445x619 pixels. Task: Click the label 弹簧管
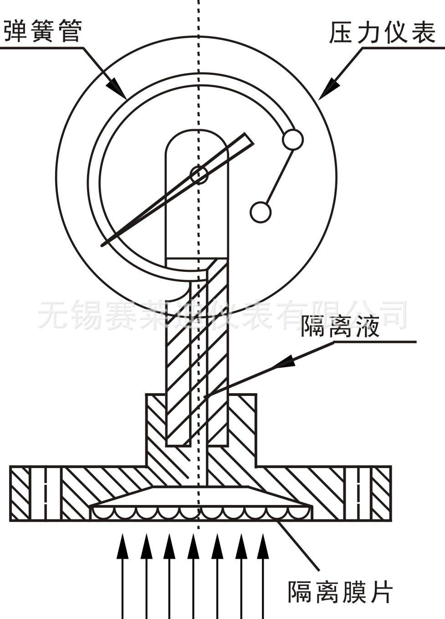[x=43, y=31]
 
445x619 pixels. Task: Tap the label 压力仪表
[x=382, y=33]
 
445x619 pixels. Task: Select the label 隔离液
[x=339, y=326]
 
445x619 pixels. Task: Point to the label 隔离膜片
[x=340, y=592]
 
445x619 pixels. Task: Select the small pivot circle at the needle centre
[x=199, y=175]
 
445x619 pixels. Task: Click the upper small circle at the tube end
[x=292, y=140]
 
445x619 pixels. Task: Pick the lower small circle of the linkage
[x=261, y=212]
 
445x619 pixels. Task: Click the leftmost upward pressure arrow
[x=122, y=547]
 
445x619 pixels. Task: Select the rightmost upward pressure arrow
[x=262, y=547]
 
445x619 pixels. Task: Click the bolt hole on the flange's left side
[x=46, y=494]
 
